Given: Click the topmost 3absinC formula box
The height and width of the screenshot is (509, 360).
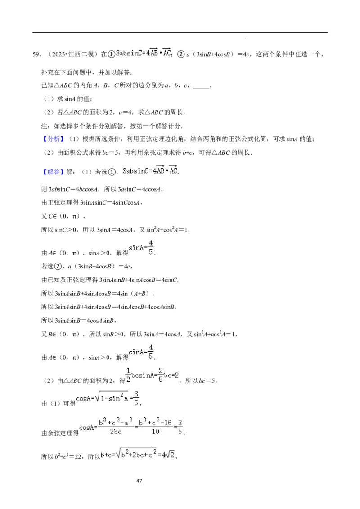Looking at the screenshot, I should click(144, 53).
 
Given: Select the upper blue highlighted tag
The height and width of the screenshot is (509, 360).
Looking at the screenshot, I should click(54, 139).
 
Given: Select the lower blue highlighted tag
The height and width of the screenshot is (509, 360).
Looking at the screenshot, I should click(54, 172).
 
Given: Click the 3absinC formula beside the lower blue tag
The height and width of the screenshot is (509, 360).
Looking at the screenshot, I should click(149, 170).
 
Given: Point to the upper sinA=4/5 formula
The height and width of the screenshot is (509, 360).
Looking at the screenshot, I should click(141, 247).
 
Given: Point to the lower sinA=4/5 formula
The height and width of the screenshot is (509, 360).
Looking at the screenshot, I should click(141, 351).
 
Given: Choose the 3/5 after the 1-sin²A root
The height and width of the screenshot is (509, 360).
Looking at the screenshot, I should click(136, 397).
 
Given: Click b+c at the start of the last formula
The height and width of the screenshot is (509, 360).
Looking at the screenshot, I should click(106, 455).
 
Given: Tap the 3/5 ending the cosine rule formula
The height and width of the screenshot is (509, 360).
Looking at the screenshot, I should click(180, 426).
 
